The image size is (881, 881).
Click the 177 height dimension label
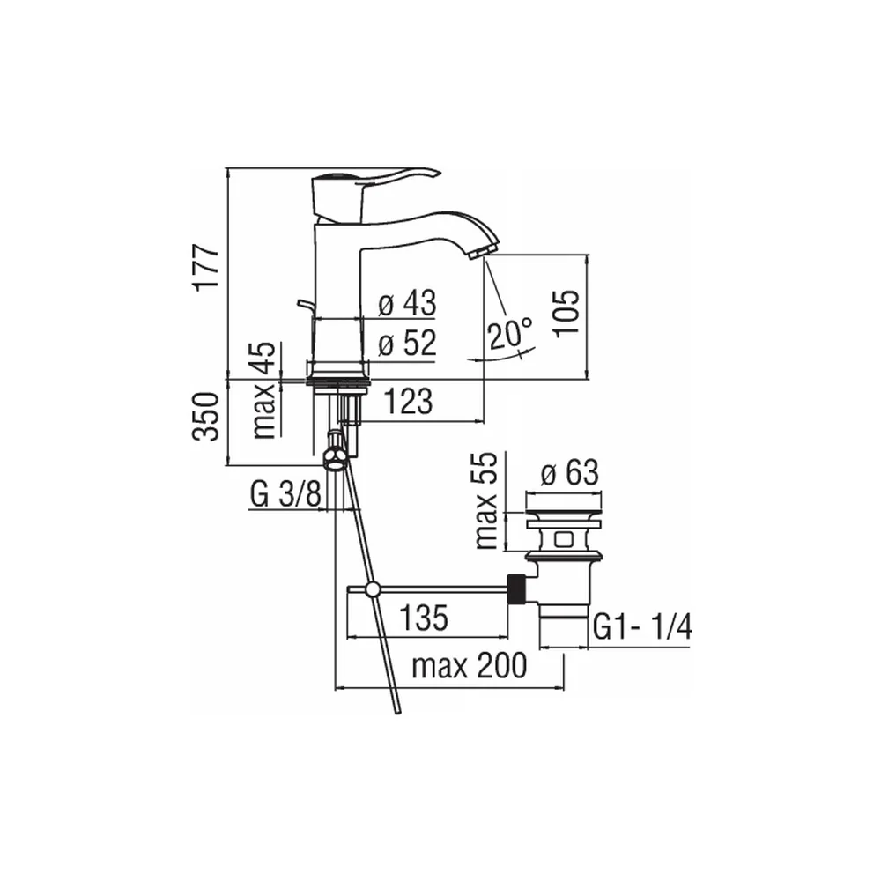point(206,267)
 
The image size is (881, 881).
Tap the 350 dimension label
point(206,417)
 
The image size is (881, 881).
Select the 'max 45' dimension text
point(264,390)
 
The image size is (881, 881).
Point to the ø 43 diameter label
point(407,303)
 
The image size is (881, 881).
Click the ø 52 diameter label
point(407,342)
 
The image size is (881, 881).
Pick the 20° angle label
point(509,334)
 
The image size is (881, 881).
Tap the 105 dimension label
point(566,314)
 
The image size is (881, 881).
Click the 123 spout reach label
point(409,401)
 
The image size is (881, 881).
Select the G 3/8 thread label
point(285,494)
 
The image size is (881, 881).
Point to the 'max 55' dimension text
point(485,500)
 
